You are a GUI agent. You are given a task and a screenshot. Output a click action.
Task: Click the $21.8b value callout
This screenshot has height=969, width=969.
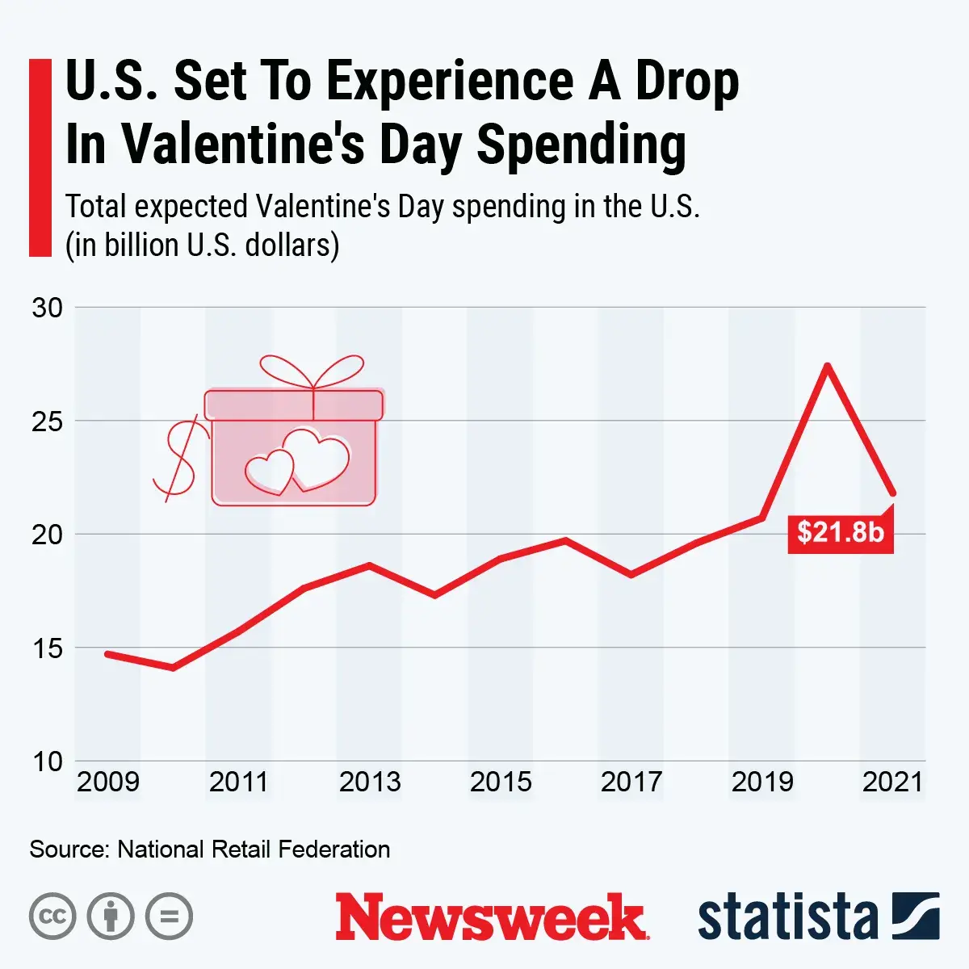click(x=841, y=532)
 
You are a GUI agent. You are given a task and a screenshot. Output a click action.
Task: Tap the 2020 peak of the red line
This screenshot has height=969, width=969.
click(x=828, y=366)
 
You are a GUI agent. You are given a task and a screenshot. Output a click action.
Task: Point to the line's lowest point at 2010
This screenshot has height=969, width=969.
click(x=173, y=668)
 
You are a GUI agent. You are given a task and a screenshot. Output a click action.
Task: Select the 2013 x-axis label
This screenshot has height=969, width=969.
click(x=370, y=782)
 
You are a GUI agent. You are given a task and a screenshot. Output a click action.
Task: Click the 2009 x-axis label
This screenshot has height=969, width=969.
click(x=108, y=782)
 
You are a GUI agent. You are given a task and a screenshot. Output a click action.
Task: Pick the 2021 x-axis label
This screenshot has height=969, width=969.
click(x=892, y=782)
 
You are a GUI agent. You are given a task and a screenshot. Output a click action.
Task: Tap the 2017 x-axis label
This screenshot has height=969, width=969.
click(x=631, y=782)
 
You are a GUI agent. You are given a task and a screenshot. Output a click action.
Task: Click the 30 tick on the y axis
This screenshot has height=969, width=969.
click(x=47, y=308)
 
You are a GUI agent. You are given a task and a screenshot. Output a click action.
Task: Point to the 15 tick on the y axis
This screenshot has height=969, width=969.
click(x=47, y=648)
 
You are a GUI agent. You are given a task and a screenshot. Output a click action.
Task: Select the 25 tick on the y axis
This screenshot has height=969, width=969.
click(x=47, y=421)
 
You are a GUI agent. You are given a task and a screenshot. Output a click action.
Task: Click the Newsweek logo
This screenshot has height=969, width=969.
click(x=491, y=917)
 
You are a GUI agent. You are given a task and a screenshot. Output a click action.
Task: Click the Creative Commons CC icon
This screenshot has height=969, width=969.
click(x=52, y=917)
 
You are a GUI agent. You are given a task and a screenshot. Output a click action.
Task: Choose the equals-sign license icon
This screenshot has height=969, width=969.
click(x=170, y=917)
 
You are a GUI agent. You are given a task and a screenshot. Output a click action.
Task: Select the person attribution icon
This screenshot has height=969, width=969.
click(x=111, y=917)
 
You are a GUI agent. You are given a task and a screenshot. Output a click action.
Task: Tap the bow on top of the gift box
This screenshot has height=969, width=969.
click(x=313, y=372)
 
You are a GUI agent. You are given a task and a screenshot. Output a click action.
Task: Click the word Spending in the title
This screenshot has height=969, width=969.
click(x=581, y=145)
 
